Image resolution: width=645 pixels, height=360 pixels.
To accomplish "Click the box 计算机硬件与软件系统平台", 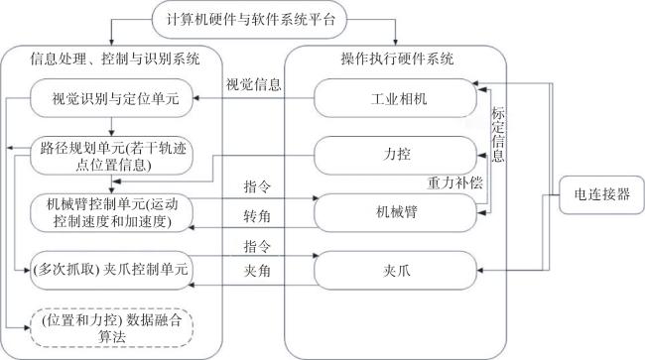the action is (249, 20).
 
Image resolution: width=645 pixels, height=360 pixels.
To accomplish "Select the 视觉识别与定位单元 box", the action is (111, 98).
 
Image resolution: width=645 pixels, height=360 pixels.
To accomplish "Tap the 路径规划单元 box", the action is (111, 156).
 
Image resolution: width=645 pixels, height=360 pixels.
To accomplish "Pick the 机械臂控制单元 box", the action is (111, 213).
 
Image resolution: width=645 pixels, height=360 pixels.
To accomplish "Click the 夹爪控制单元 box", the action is (111, 270).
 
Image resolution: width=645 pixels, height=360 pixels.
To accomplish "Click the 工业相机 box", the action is (395, 98).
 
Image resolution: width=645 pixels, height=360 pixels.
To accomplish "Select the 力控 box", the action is (395, 156).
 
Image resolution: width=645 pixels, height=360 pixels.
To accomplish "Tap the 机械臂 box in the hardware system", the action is (395, 213).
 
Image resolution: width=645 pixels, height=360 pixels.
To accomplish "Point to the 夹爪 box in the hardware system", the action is (395, 270).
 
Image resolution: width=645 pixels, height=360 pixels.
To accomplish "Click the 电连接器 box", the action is (601, 194).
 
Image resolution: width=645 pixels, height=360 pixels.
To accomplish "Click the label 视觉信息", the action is (253, 84).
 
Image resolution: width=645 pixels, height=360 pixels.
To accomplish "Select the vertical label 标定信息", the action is (498, 135).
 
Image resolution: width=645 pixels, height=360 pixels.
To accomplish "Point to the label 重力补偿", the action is (454, 182).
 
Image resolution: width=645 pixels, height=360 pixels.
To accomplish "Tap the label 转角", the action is (257, 216).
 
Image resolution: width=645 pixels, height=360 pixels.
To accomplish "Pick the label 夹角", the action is (257, 271).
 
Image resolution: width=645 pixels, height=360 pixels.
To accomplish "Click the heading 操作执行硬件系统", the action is (397, 59).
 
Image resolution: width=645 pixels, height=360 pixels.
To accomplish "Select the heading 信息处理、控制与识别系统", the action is (115, 59).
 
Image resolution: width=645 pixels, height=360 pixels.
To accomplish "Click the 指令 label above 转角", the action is (257, 187).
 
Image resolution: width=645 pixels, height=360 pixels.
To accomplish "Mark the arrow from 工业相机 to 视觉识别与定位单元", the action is (254, 98).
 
